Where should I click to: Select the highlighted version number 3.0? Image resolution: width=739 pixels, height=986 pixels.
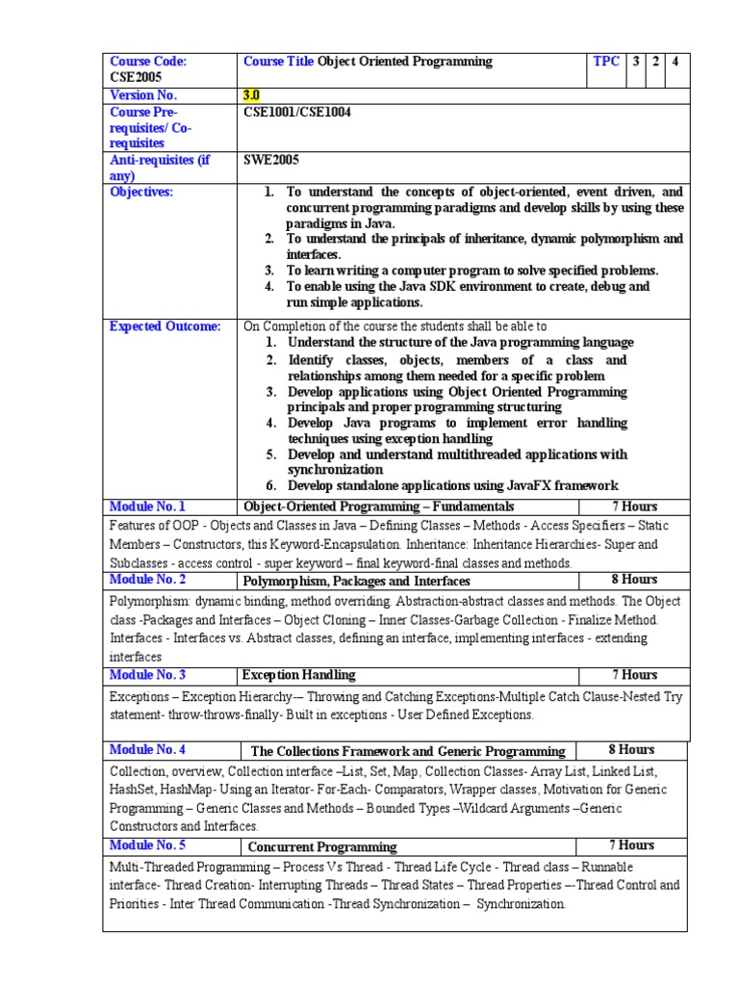[x=252, y=95]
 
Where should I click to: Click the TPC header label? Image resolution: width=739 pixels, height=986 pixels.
[x=606, y=62]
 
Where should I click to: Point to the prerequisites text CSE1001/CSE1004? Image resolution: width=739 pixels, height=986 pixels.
[x=297, y=112]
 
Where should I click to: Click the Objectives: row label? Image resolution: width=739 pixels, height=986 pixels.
[x=141, y=192]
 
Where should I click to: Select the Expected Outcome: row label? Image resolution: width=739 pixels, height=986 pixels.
[x=165, y=327]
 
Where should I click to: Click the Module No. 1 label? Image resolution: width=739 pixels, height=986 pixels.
[x=147, y=506]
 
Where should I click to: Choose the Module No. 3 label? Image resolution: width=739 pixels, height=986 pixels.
[x=147, y=675]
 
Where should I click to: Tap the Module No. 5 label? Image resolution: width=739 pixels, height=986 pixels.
[x=147, y=845]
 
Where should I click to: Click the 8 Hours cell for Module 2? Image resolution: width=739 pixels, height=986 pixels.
[x=634, y=580]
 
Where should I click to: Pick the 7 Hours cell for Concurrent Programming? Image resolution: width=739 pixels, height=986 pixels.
[x=632, y=845]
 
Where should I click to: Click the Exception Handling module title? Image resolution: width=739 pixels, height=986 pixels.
[x=298, y=675]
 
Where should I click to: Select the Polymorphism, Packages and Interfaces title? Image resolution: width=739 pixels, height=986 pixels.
[x=356, y=582]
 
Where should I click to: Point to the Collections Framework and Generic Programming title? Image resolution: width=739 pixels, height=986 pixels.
[x=408, y=751]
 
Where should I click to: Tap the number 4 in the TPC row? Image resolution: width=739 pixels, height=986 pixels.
[x=675, y=62]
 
